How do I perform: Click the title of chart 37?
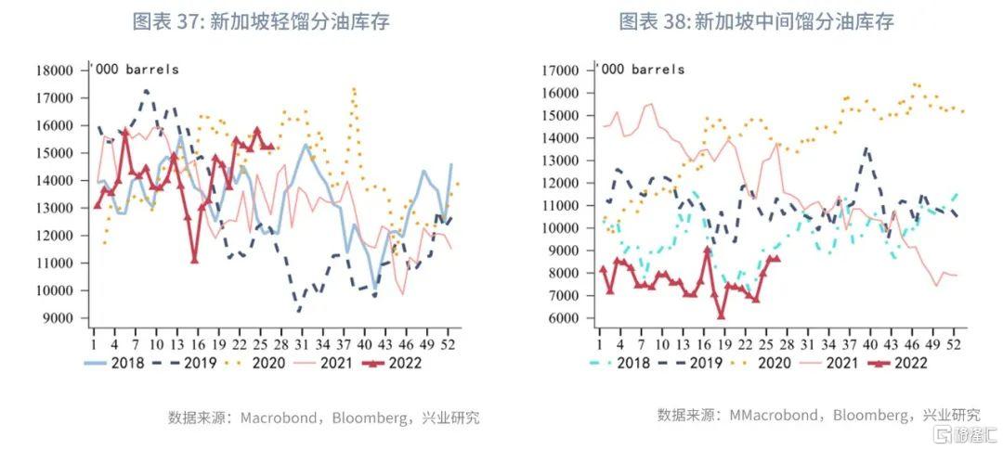click(x=261, y=21)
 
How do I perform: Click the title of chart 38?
click(x=756, y=21)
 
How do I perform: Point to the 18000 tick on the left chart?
click(x=55, y=71)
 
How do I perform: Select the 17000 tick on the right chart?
click(x=562, y=71)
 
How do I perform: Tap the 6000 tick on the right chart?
click(x=566, y=317)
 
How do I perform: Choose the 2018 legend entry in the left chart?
click(x=114, y=363)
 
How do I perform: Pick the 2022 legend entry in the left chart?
click(x=392, y=363)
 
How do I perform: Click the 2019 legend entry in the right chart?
click(x=693, y=363)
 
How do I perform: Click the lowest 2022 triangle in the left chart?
click(x=194, y=259)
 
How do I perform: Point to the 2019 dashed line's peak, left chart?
click(x=147, y=91)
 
